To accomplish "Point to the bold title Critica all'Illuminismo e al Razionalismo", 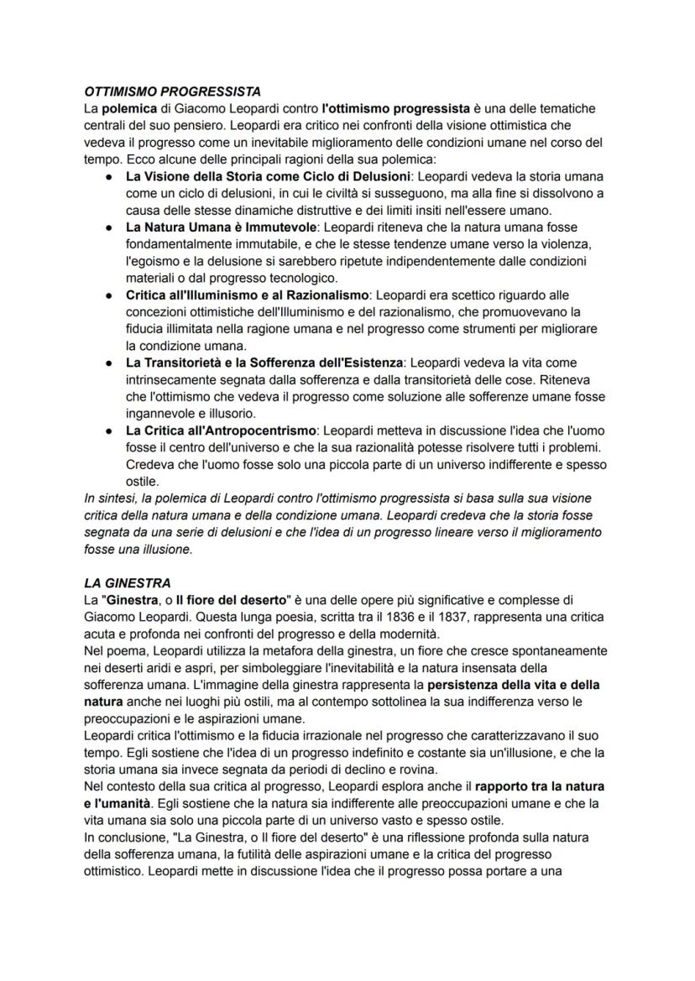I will [x=247, y=295].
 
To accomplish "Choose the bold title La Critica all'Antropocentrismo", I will [x=221, y=430].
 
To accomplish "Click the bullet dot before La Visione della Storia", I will [x=109, y=177].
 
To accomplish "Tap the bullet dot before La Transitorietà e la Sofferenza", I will [x=109, y=363].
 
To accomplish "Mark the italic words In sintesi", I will [x=107, y=498].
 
